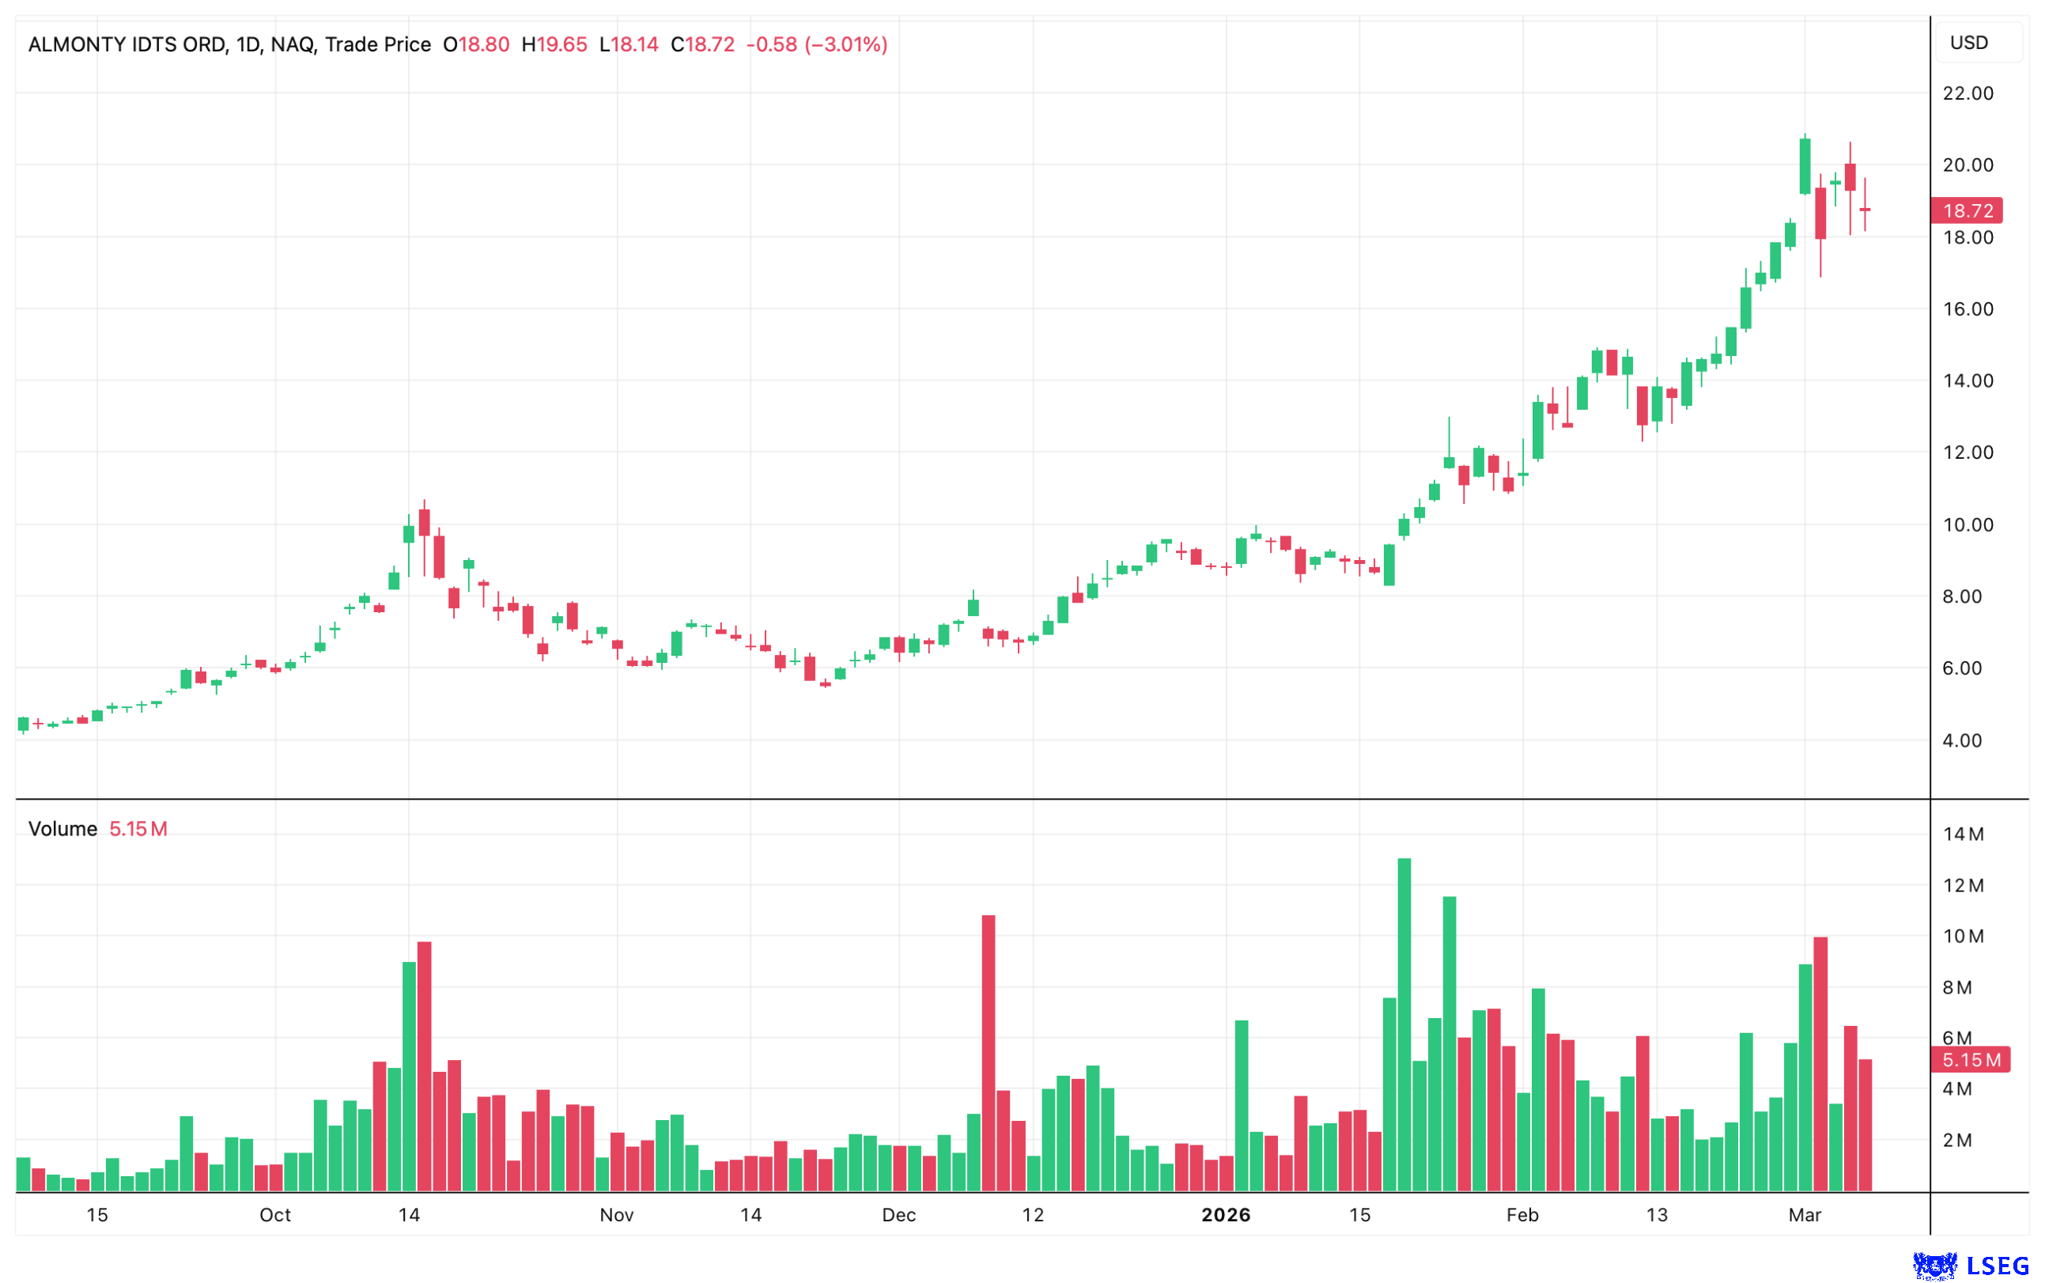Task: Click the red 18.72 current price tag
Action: click(1965, 210)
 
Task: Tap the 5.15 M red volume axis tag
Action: click(1970, 1060)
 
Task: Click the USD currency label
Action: click(1968, 43)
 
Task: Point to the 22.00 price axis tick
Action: click(1967, 93)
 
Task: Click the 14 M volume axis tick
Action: click(1963, 835)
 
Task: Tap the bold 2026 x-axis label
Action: click(1226, 1215)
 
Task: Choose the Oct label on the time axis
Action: click(275, 1215)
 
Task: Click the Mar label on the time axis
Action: click(1804, 1215)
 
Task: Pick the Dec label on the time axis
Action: click(898, 1215)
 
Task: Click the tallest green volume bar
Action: click(1404, 1025)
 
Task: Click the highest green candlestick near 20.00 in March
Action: click(1805, 165)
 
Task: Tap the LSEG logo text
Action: click(1997, 1267)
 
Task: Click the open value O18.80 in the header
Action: click(476, 44)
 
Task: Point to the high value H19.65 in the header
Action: click(554, 44)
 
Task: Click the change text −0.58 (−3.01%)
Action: click(816, 44)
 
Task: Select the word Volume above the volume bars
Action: click(62, 829)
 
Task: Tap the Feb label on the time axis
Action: click(1521, 1215)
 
